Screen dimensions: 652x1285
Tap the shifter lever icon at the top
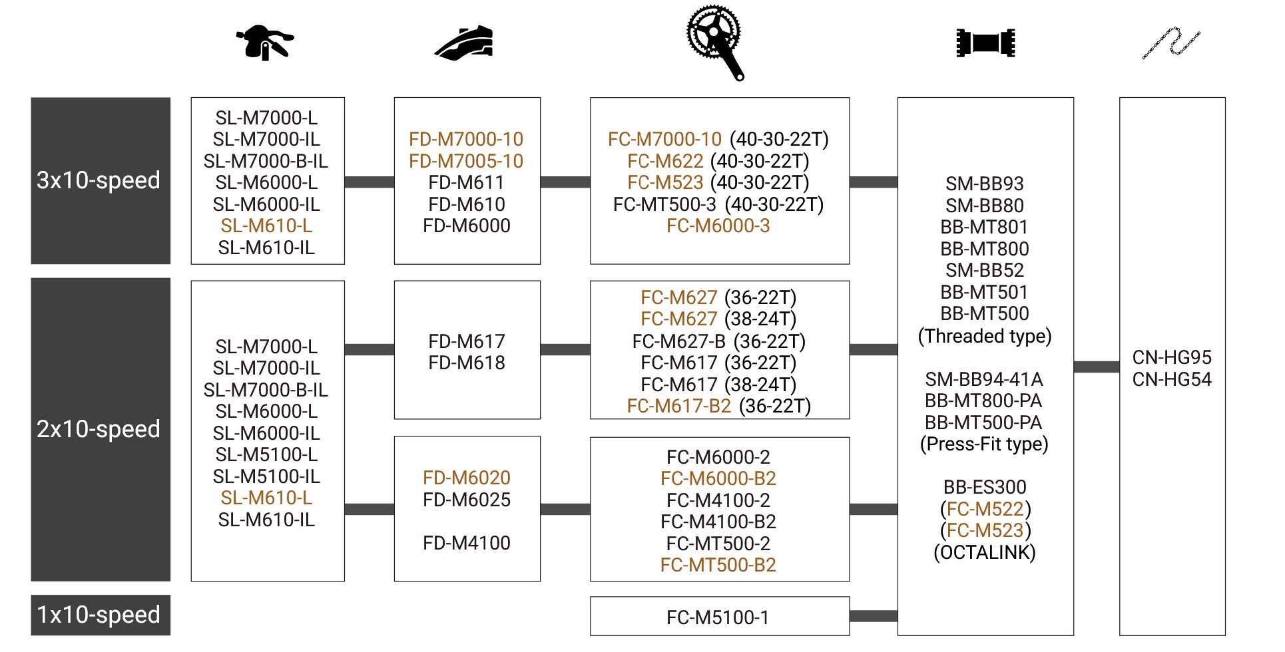pyautogui.click(x=265, y=43)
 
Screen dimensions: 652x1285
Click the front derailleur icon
pyautogui.click(x=465, y=43)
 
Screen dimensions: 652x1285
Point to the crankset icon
pyautogui.click(x=716, y=41)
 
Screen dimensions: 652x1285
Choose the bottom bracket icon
pyautogui.click(x=985, y=43)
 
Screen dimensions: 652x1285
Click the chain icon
pyautogui.click(x=1171, y=43)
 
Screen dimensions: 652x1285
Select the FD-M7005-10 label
pyautogui.click(x=466, y=161)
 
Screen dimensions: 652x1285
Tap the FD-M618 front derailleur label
pyautogui.click(x=466, y=363)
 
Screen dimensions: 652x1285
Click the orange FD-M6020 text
pyautogui.click(x=466, y=478)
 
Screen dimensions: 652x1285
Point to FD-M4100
pyautogui.click(x=466, y=543)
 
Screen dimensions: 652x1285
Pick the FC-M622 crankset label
pyautogui.click(x=665, y=161)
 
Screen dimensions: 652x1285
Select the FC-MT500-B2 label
pyautogui.click(x=718, y=565)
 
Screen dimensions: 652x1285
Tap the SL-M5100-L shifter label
pyautogui.click(x=266, y=454)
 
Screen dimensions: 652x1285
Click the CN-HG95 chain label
pyautogui.click(x=1172, y=357)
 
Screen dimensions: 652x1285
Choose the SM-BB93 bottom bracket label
pyautogui.click(x=985, y=184)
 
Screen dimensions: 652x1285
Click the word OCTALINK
pyautogui.click(x=985, y=552)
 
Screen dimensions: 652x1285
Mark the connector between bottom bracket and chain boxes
pyautogui.click(x=1096, y=367)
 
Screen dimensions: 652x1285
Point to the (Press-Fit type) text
pyautogui.click(x=984, y=444)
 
